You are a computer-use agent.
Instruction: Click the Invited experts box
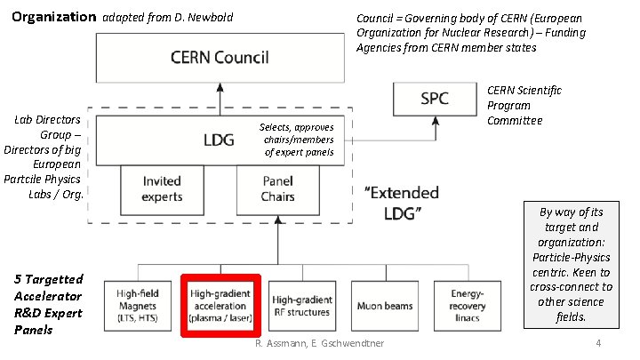(162, 188)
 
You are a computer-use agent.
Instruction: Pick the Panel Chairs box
(277, 188)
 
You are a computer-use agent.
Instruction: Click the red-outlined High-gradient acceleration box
(220, 306)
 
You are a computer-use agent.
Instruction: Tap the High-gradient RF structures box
(300, 306)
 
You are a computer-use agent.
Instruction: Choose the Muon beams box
(384, 306)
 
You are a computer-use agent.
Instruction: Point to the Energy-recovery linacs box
(466, 306)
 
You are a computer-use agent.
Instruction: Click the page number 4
(599, 344)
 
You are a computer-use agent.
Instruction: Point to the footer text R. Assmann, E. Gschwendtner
(319, 344)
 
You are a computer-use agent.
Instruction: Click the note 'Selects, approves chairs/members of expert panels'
(297, 140)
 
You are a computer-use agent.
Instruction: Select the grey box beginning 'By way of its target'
(571, 265)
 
